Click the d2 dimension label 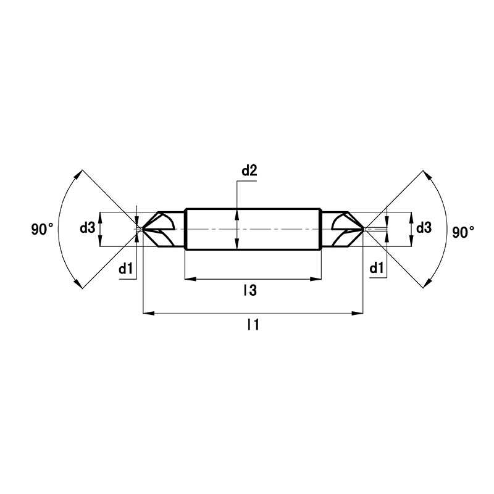249,171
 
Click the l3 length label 251,290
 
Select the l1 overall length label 253,325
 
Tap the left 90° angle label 42,229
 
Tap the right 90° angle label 464,233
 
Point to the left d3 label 87,228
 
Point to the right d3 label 424,227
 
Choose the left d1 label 126,269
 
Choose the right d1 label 377,268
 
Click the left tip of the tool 143,229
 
